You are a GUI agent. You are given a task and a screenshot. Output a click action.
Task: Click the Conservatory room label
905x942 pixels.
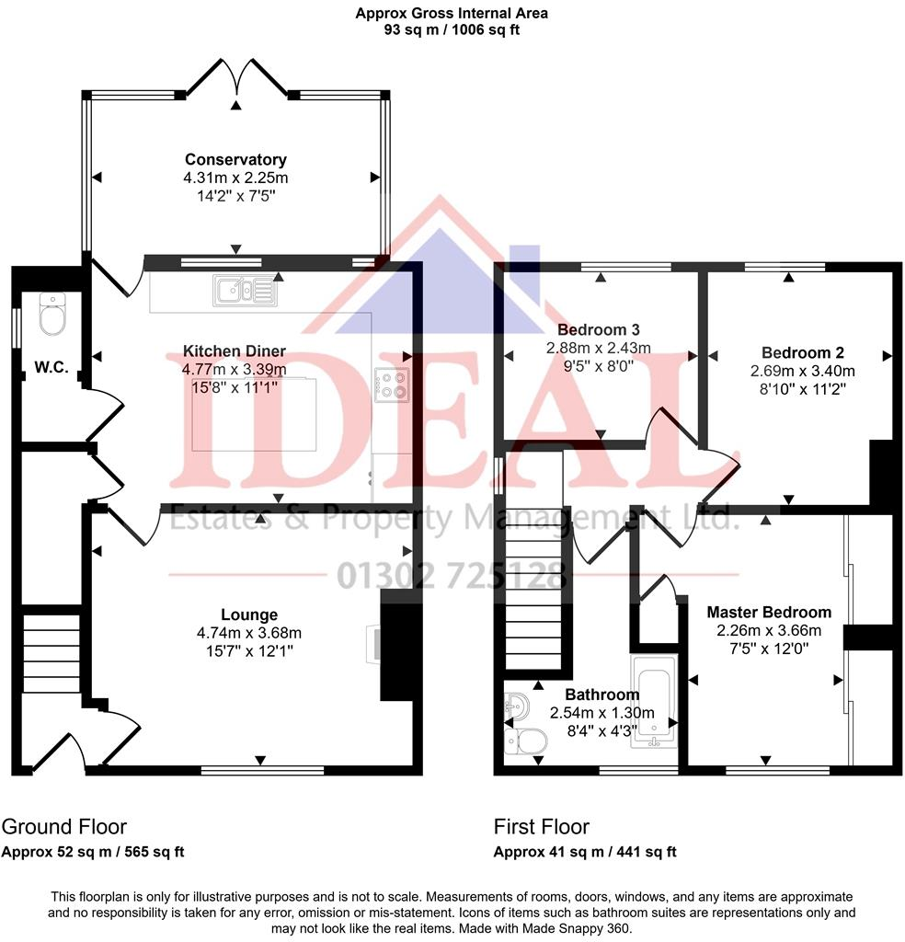[x=235, y=159]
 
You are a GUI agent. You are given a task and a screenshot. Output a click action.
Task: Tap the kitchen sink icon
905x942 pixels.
[x=244, y=290]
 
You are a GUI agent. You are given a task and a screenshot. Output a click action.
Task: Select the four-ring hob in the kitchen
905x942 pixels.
[x=393, y=384]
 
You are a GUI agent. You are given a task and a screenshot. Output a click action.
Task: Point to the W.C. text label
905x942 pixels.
[x=51, y=367]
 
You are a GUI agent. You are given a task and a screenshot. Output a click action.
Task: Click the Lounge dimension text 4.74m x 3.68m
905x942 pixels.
[x=249, y=633]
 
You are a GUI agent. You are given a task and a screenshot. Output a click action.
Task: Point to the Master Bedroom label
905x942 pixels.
[x=768, y=612]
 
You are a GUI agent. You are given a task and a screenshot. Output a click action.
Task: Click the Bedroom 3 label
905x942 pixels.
[x=599, y=329]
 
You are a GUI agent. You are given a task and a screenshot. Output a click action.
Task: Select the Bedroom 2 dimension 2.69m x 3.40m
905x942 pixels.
[x=803, y=371]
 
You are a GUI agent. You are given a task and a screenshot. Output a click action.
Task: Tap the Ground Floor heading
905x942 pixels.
[x=63, y=826]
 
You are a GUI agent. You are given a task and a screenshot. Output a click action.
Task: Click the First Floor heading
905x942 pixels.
[x=541, y=826]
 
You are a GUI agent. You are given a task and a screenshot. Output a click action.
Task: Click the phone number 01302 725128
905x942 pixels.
[x=452, y=576]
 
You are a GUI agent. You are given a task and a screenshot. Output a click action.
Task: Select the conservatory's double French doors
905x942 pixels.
[x=237, y=80]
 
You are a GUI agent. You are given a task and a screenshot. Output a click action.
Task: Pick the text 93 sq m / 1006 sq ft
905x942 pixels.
[x=452, y=29]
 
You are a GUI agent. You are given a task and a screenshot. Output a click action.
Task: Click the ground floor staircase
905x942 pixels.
[x=52, y=654]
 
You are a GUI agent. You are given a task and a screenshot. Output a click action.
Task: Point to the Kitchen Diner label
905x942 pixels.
[x=235, y=351]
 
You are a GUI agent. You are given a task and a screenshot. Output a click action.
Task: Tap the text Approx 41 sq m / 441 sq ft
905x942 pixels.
[x=585, y=852]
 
